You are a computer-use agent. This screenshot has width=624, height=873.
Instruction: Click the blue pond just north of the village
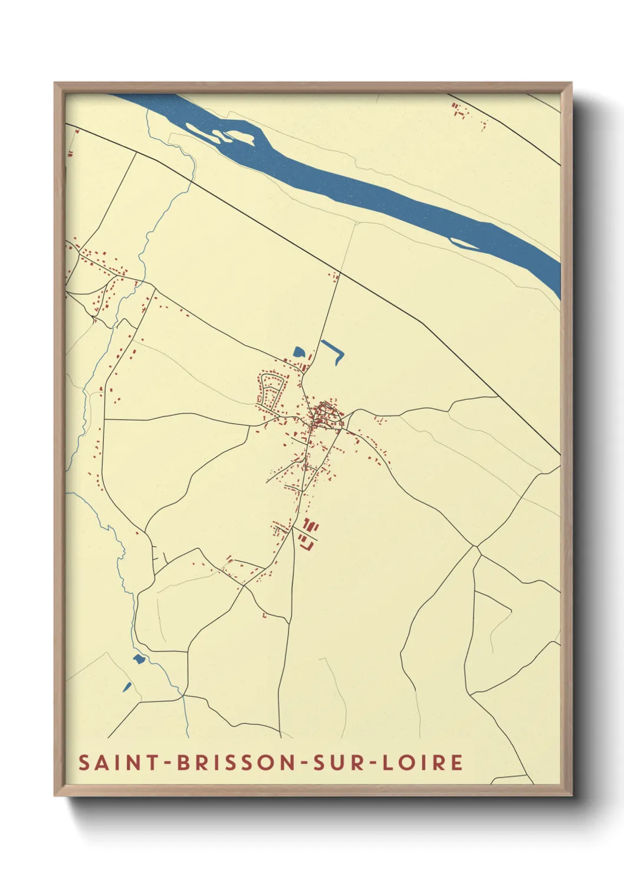click(299, 353)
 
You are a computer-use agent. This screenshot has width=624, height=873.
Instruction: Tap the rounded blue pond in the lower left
click(139, 659)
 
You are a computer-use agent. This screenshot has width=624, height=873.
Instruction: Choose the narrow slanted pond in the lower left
click(127, 687)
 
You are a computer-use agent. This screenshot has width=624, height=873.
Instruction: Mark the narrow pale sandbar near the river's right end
click(465, 242)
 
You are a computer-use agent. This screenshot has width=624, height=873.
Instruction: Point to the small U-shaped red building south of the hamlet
click(264, 615)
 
